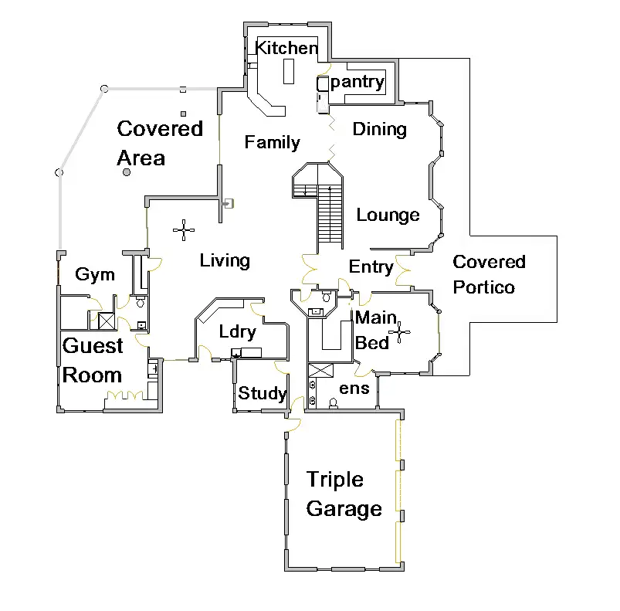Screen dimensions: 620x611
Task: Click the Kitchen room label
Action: point(286,48)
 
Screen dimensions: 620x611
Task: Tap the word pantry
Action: point(357,82)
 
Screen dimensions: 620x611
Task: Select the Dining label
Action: point(379,129)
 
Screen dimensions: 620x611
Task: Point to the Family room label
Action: point(272,142)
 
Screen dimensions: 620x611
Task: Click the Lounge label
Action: point(388,216)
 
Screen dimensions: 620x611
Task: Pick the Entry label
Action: point(371,267)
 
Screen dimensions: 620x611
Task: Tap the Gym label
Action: point(95,274)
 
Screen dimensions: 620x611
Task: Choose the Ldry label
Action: point(237,332)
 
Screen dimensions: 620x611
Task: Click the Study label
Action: point(263,394)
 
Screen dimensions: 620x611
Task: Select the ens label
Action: point(354,389)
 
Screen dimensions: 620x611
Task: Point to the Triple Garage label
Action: point(344,494)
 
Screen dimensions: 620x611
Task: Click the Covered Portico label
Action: point(489,274)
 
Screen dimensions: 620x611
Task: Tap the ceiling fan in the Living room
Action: point(184,229)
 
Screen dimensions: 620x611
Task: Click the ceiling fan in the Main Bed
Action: point(400,333)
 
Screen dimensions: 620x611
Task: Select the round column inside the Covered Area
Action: point(126,173)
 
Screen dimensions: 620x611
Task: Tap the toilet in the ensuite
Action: point(334,402)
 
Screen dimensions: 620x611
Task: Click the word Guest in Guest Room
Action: point(93,346)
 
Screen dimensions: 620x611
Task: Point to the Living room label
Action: point(225,261)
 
